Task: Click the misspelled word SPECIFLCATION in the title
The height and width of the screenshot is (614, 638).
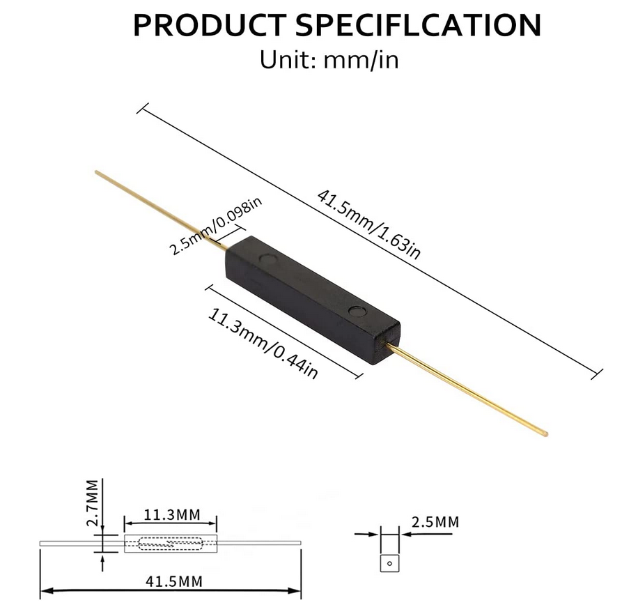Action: (x=419, y=25)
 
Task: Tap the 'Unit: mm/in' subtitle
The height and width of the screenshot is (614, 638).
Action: (x=329, y=59)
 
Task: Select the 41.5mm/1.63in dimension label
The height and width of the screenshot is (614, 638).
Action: (x=368, y=224)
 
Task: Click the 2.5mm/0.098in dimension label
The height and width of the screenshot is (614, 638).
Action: (x=216, y=226)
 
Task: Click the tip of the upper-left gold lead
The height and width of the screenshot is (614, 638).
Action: (x=96, y=172)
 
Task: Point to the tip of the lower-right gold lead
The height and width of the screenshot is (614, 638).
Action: (x=545, y=434)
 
